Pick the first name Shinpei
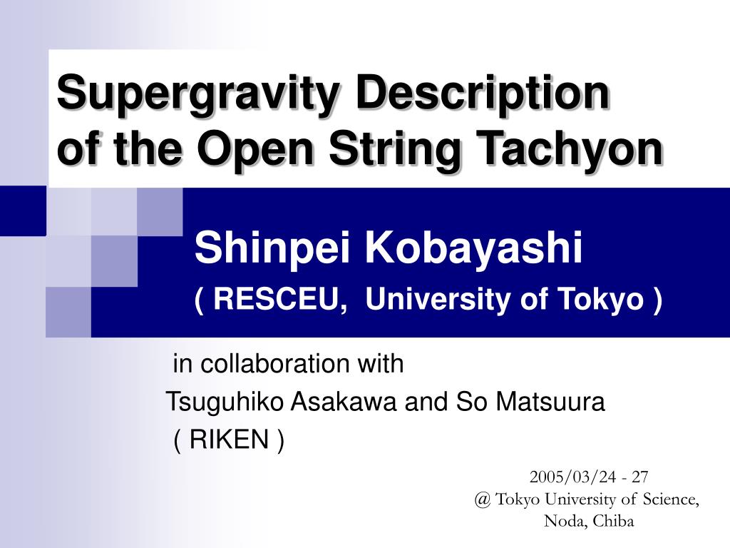pos(272,249)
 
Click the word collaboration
pos(274,363)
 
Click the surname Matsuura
pos(550,402)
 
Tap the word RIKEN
pos(229,440)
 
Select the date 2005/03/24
pos(573,477)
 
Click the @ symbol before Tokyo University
pos(483,499)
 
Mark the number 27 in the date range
pos(639,477)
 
